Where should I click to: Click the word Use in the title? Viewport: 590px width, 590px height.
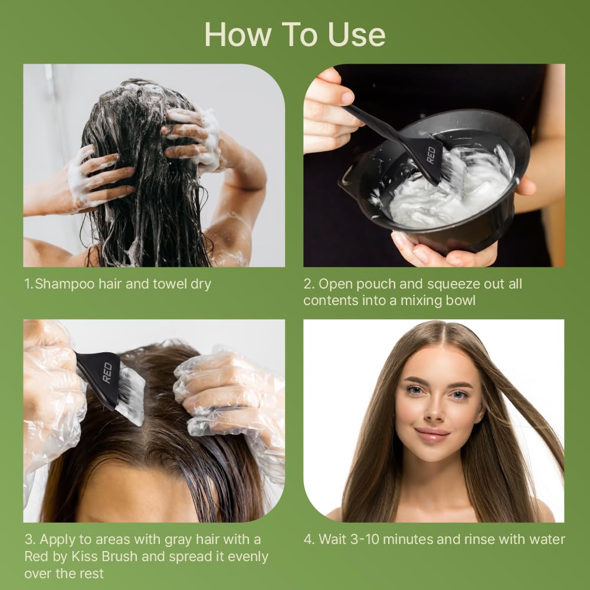(x=357, y=35)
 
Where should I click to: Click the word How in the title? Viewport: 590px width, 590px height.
(x=238, y=35)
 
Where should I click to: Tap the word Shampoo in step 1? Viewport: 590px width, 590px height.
(x=64, y=284)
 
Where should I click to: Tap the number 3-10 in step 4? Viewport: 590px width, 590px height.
(x=364, y=540)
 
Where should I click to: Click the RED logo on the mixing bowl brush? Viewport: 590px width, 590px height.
(x=431, y=155)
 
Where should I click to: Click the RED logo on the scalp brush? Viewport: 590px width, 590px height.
(x=107, y=372)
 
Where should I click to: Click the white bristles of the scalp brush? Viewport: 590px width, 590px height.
(x=130, y=395)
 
